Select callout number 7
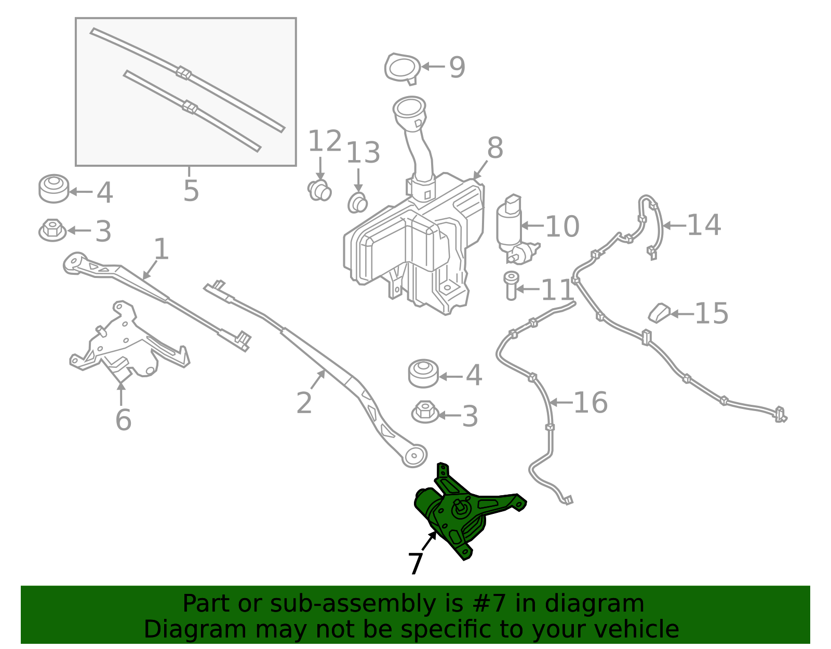tap(415, 563)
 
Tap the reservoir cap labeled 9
tap(403, 68)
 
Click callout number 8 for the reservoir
tap(495, 148)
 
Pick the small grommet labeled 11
tap(511, 285)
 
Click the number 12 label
tap(325, 141)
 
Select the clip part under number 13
tap(357, 203)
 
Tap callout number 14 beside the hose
tap(704, 226)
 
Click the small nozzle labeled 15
tap(660, 313)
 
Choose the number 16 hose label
tap(590, 403)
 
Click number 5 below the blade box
tap(191, 191)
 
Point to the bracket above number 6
tap(127, 338)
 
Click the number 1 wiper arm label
tap(162, 249)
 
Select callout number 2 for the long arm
tap(304, 403)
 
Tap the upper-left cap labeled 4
tap(53, 189)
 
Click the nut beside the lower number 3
tap(425, 412)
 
